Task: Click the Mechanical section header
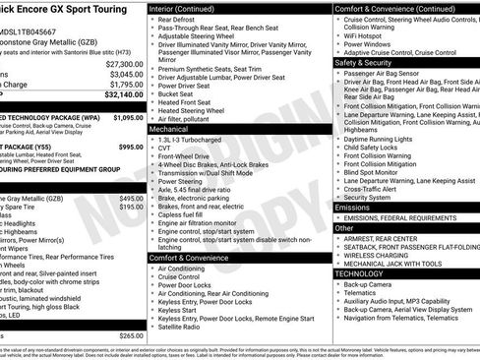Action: coord(169,129)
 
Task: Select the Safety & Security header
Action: coord(364,61)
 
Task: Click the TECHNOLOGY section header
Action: coord(361,273)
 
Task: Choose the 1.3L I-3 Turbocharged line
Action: coord(190,141)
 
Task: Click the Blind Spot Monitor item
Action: coord(377,171)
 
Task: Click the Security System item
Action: coord(368,197)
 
